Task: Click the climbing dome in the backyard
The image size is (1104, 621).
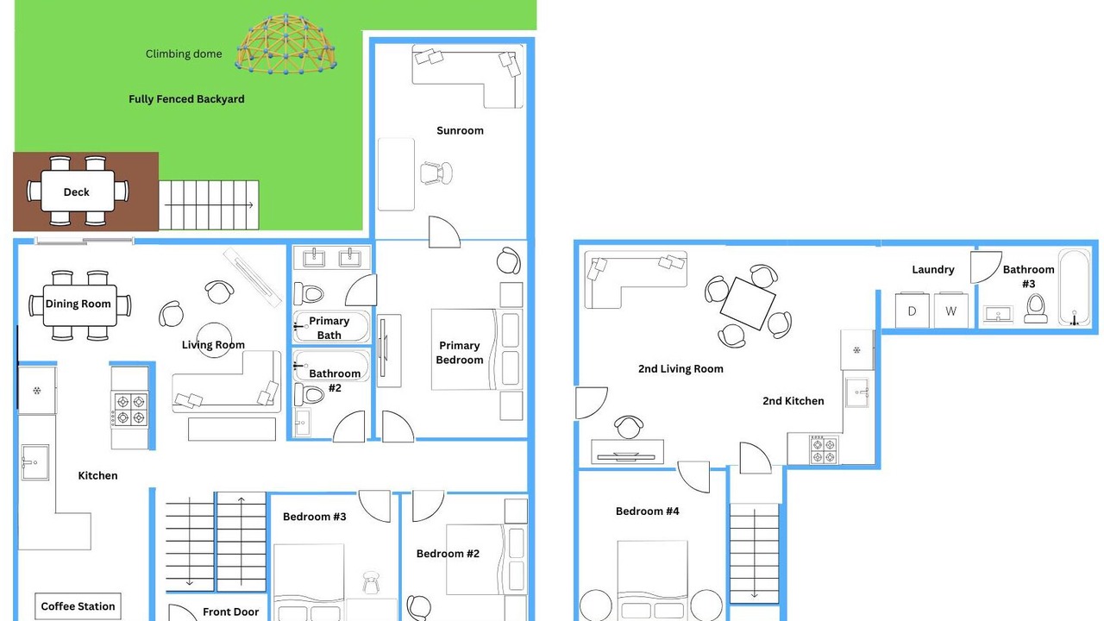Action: (x=286, y=44)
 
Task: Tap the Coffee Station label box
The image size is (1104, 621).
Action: (x=78, y=606)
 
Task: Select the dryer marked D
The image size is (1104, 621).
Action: (x=912, y=310)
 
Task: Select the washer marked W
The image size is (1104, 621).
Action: (x=951, y=310)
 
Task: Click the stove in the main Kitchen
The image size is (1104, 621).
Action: (x=129, y=410)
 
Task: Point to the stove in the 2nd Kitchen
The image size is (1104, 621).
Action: (x=824, y=449)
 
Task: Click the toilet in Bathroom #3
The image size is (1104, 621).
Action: (x=1036, y=309)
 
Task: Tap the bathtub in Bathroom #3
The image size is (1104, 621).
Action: (x=1075, y=288)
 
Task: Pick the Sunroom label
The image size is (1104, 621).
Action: (x=460, y=130)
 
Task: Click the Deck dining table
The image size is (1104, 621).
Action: (x=78, y=191)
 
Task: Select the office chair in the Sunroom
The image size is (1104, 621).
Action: (x=436, y=173)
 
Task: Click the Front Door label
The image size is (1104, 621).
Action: (x=230, y=612)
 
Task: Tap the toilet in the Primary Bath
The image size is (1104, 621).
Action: (x=309, y=294)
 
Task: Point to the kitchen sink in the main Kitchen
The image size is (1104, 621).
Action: (x=35, y=462)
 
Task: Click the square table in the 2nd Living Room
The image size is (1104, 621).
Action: (x=748, y=303)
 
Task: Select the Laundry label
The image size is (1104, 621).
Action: (x=933, y=270)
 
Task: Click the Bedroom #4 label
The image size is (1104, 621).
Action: (x=647, y=511)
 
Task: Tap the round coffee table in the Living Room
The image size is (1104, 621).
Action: (x=214, y=340)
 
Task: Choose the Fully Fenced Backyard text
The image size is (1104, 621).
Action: (x=186, y=99)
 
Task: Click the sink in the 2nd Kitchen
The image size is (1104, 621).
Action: (x=857, y=392)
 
